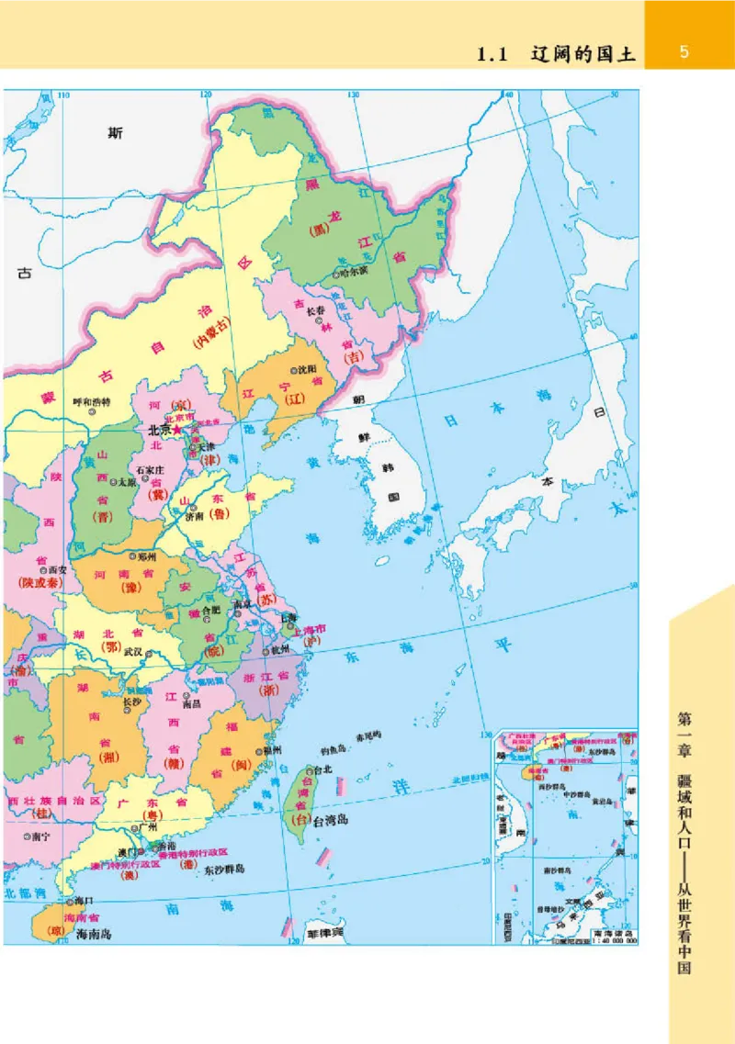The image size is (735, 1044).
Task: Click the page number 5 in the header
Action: pyautogui.click(x=684, y=52)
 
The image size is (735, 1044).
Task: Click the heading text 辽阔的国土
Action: pyautogui.click(x=583, y=54)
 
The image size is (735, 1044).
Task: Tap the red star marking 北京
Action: pyautogui.click(x=177, y=430)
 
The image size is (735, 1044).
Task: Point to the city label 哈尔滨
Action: pyautogui.click(x=353, y=273)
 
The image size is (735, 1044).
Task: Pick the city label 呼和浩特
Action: pyautogui.click(x=91, y=402)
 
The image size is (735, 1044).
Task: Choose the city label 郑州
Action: pyautogui.click(x=147, y=556)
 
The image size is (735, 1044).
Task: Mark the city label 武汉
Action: pyautogui.click(x=134, y=652)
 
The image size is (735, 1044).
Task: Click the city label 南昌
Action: pyautogui.click(x=191, y=704)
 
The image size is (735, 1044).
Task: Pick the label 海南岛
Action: pyautogui.click(x=93, y=933)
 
